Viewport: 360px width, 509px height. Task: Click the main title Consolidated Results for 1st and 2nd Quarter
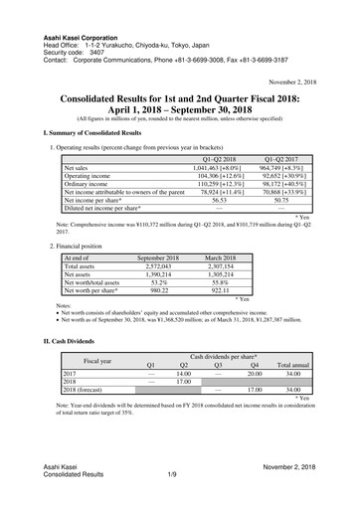[180, 100]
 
